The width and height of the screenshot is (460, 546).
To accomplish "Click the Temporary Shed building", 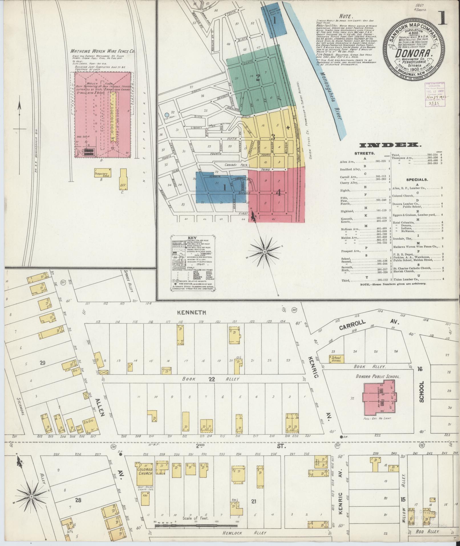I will point(103,174).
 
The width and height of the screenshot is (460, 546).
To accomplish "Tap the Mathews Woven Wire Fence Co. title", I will point(103,52).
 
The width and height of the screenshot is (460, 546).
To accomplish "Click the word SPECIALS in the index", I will point(417,180).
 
